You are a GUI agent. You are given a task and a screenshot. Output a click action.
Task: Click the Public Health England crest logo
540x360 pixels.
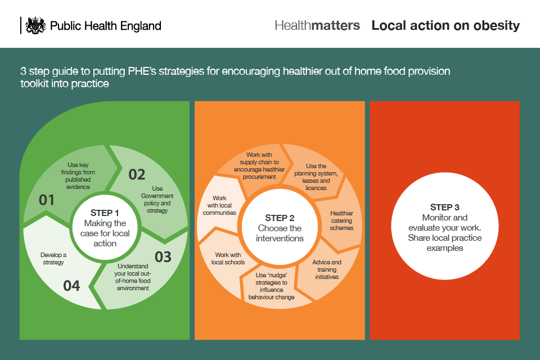click(x=35, y=25)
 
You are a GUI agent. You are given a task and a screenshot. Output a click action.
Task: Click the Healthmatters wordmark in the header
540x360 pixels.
click(x=317, y=25)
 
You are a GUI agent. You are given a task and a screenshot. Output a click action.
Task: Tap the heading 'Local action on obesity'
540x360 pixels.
click(x=445, y=25)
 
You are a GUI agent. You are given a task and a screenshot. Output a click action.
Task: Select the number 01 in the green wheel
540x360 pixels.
click(x=47, y=200)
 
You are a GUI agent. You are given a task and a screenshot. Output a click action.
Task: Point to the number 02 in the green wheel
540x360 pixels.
click(x=137, y=174)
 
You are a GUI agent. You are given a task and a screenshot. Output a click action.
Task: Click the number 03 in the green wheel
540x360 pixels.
click(x=163, y=257)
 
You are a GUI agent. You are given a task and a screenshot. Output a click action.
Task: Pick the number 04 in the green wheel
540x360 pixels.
click(x=71, y=286)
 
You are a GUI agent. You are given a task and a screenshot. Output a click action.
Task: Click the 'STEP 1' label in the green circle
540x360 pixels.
click(x=105, y=213)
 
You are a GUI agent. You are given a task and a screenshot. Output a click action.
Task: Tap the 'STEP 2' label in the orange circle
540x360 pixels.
click(x=280, y=218)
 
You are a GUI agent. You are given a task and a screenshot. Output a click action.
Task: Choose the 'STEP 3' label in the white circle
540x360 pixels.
click(x=444, y=207)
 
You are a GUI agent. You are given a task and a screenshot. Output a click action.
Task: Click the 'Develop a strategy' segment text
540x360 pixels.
click(x=53, y=259)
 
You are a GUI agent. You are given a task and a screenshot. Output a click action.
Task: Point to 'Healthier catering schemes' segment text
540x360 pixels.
click(x=341, y=220)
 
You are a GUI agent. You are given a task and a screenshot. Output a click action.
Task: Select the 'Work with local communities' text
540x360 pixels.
click(x=220, y=205)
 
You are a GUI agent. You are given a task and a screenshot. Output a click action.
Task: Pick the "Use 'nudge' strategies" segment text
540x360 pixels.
click(x=275, y=286)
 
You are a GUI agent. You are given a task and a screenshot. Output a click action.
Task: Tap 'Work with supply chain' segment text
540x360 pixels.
click(x=259, y=165)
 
